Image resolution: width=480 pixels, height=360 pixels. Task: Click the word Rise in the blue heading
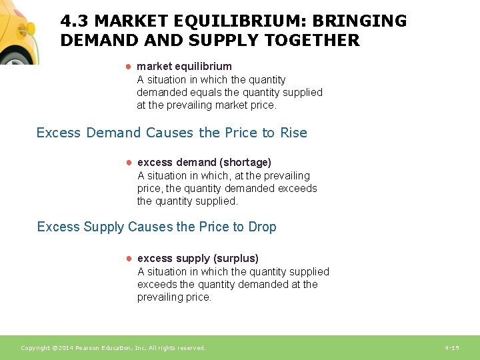click(293, 133)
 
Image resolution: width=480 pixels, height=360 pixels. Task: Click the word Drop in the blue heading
click(262, 227)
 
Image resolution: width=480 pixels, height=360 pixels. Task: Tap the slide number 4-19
click(451, 348)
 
